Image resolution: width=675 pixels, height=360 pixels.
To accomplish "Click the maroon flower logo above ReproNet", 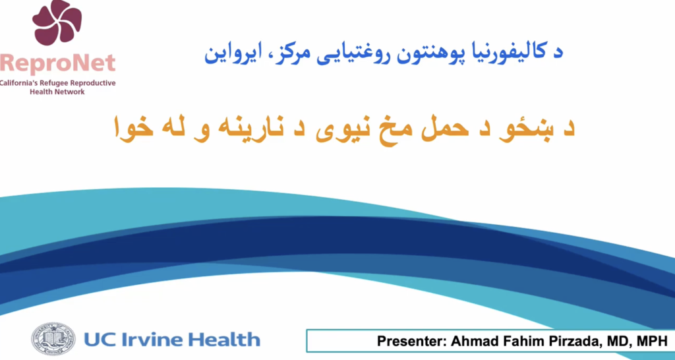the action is coord(57,22).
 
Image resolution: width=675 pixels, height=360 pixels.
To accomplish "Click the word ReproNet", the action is coord(58,63).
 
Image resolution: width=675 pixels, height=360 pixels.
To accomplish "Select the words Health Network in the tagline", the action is coord(57,92).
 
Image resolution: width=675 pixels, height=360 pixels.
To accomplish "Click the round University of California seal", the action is coord(53,339).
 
